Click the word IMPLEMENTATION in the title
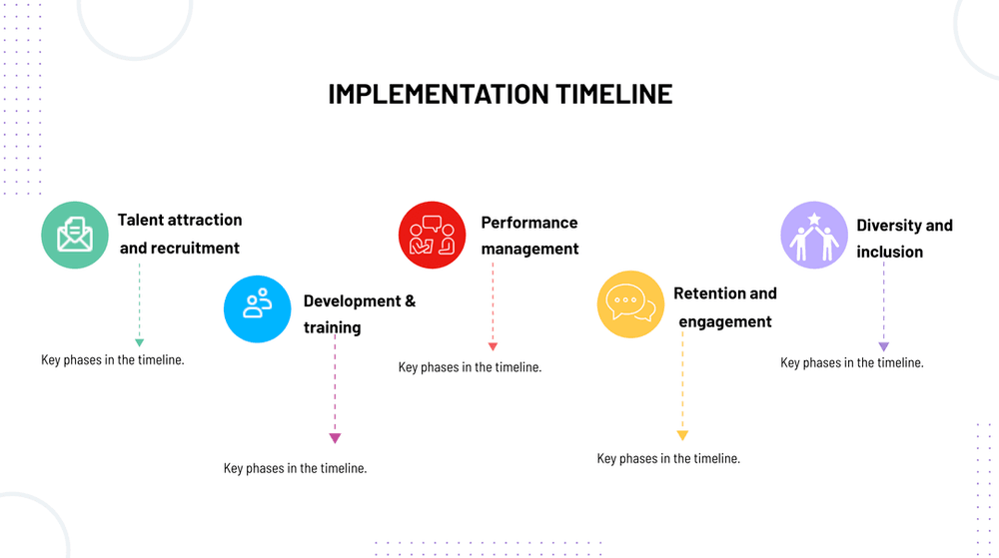[x=439, y=94]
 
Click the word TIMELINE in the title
[x=614, y=94]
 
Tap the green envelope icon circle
[x=75, y=235]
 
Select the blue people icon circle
[x=258, y=309]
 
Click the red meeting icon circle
[x=432, y=235]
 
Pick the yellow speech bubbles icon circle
[x=630, y=304]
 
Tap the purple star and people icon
[x=814, y=235]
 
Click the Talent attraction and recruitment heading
[x=180, y=234]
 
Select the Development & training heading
[x=360, y=313]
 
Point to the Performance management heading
[x=529, y=236]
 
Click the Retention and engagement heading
[x=725, y=307]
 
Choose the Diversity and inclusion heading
[x=905, y=239]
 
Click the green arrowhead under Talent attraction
[x=140, y=343]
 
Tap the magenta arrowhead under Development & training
[x=335, y=438]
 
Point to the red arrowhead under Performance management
[x=493, y=346]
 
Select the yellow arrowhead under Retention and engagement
[x=682, y=436]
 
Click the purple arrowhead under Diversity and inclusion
[x=884, y=346]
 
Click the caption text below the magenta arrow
[x=295, y=468]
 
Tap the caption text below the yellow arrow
[x=668, y=459]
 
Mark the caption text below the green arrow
[x=113, y=360]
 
